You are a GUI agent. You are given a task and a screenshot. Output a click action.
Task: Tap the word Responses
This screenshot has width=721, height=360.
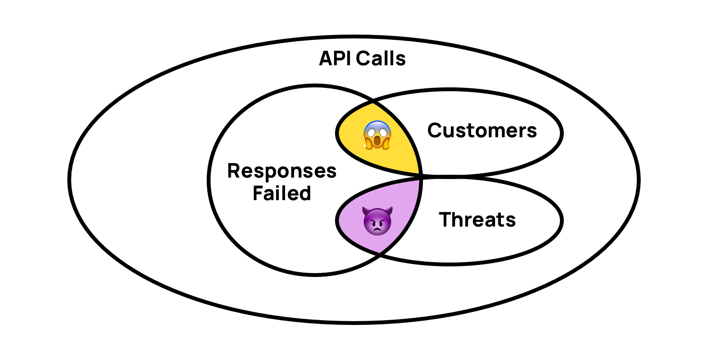pos(282,171)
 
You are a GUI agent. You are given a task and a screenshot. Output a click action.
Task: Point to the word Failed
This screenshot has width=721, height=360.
pos(282,193)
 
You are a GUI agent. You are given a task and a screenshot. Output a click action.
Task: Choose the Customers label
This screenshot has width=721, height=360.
pos(482,131)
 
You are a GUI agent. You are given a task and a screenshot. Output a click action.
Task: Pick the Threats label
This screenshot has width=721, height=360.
pos(477,220)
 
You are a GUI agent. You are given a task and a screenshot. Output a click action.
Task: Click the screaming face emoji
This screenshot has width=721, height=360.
pos(377,135)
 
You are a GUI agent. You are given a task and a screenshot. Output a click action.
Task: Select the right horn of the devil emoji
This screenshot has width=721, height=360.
pos(390,210)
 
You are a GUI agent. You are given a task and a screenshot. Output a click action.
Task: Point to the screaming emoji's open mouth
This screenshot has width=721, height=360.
pos(377,142)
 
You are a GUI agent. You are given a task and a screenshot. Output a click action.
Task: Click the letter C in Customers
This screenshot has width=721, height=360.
pos(435,131)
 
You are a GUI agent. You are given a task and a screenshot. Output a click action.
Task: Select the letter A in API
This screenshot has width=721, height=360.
pos(326,59)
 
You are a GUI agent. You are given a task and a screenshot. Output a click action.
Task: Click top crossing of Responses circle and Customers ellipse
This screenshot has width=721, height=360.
pos(373,102)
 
